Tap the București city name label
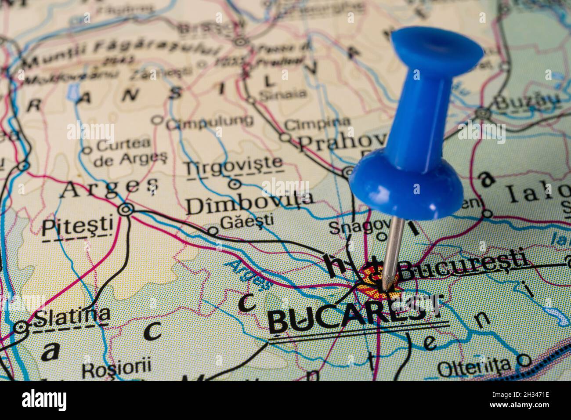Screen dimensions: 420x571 click(x=463, y=263)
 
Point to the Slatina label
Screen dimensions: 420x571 click(x=72, y=315)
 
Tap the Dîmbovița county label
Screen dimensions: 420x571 click(x=249, y=203)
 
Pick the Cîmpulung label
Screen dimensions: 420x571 click(x=209, y=122)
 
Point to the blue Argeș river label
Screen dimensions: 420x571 click(x=249, y=273)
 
